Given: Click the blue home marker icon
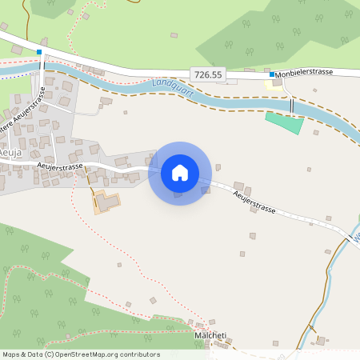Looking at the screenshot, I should (180, 173).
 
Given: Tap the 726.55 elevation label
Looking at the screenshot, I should (208, 74).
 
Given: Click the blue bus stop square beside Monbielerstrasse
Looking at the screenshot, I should (272, 74).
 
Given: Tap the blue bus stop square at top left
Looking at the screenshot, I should (38, 52).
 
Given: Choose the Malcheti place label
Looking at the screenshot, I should (210, 335).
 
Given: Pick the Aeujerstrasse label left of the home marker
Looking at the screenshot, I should (58, 166).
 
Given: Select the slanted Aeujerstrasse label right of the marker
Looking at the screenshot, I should (254, 202).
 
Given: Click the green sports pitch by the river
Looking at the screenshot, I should (284, 122).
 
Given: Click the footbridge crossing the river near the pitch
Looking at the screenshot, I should (291, 106).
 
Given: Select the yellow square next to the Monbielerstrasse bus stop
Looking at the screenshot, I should (278, 82).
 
